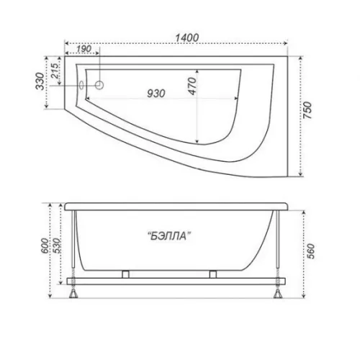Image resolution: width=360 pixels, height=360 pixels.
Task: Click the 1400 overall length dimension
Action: [187, 37]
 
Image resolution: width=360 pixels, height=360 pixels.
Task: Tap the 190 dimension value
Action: [84, 49]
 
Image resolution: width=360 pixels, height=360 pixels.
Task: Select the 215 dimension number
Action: [55, 71]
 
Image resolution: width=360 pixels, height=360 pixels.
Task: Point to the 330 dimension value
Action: [40, 81]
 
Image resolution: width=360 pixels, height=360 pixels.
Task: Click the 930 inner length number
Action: [156, 94]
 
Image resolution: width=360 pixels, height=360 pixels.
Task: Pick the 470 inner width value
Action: [192, 86]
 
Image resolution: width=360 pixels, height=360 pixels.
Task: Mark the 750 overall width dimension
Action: [307, 110]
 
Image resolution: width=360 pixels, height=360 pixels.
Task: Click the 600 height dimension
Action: [45, 246]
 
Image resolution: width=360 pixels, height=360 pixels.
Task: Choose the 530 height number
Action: [57, 246]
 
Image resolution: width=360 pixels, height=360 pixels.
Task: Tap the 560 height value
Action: [310, 251]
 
